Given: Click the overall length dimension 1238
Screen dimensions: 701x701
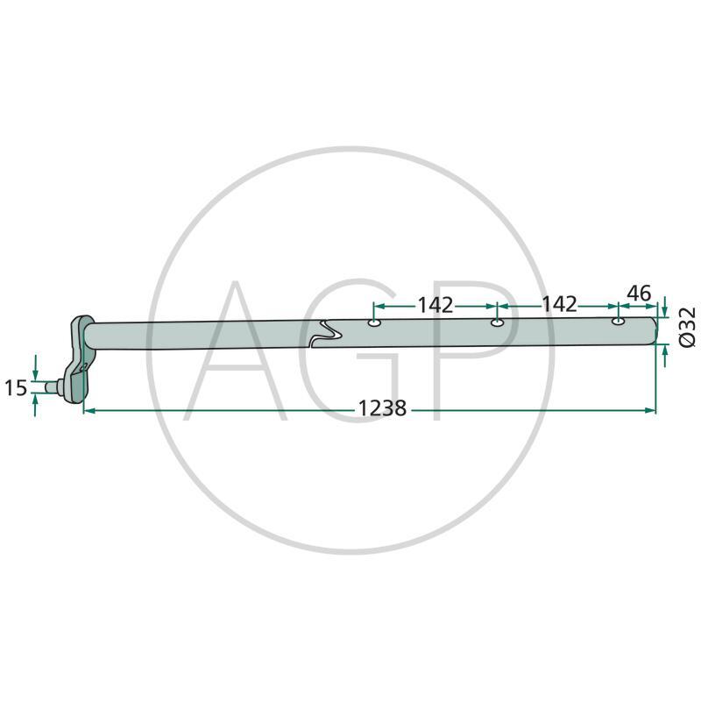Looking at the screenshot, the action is point(382,408).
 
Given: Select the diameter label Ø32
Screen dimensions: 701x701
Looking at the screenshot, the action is point(688,327).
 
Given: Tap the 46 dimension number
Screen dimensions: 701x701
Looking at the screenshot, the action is point(640,294).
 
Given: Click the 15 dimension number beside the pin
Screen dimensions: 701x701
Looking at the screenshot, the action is point(16,387).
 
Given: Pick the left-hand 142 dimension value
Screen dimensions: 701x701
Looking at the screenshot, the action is point(435,305).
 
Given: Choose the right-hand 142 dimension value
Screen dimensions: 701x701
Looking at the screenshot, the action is point(559,304).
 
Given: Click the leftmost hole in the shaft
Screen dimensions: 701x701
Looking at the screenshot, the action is point(374,323).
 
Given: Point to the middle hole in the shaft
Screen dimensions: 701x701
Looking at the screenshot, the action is point(497,322).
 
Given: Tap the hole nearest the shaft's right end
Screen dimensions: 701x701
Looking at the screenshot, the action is point(618,321).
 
